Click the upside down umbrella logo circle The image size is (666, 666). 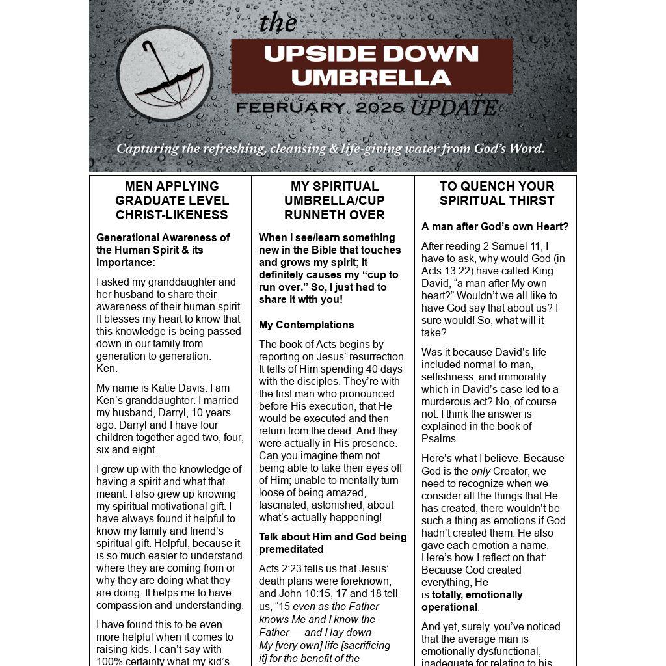[165, 73]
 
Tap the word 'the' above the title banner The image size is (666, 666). [278, 23]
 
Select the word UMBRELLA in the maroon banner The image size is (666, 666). [371, 77]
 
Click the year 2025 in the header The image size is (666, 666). [380, 108]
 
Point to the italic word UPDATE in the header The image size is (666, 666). [454, 108]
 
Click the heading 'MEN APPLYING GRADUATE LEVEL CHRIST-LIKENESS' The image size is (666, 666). [172, 200]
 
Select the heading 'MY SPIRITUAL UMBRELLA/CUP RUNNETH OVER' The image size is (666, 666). [334, 200]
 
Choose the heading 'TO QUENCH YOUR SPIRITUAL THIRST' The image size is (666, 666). [496, 193]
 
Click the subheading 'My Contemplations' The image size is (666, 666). [306, 325]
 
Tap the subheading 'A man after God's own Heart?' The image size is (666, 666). [495, 226]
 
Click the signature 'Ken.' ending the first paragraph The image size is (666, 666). [107, 368]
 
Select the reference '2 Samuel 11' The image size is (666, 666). [512, 246]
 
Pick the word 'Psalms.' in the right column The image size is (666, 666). [439, 438]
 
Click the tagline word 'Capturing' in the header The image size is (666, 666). [147, 148]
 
